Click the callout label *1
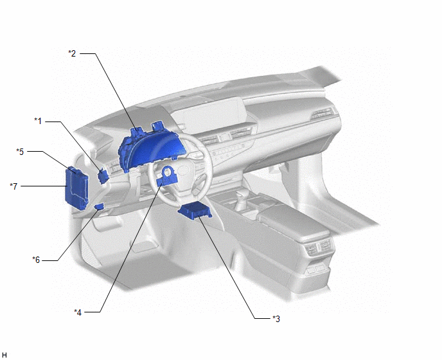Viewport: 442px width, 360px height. tap(38, 121)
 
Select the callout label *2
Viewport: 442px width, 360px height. tap(72, 53)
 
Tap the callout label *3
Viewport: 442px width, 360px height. tap(276, 319)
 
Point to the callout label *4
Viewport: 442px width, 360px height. tap(78, 312)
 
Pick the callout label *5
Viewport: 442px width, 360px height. tap(20, 152)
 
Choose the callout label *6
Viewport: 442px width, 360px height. tap(36, 260)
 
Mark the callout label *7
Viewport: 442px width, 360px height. tap(13, 186)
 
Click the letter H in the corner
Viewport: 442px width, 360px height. tap(4, 355)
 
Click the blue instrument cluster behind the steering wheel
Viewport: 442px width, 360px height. tap(150, 148)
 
